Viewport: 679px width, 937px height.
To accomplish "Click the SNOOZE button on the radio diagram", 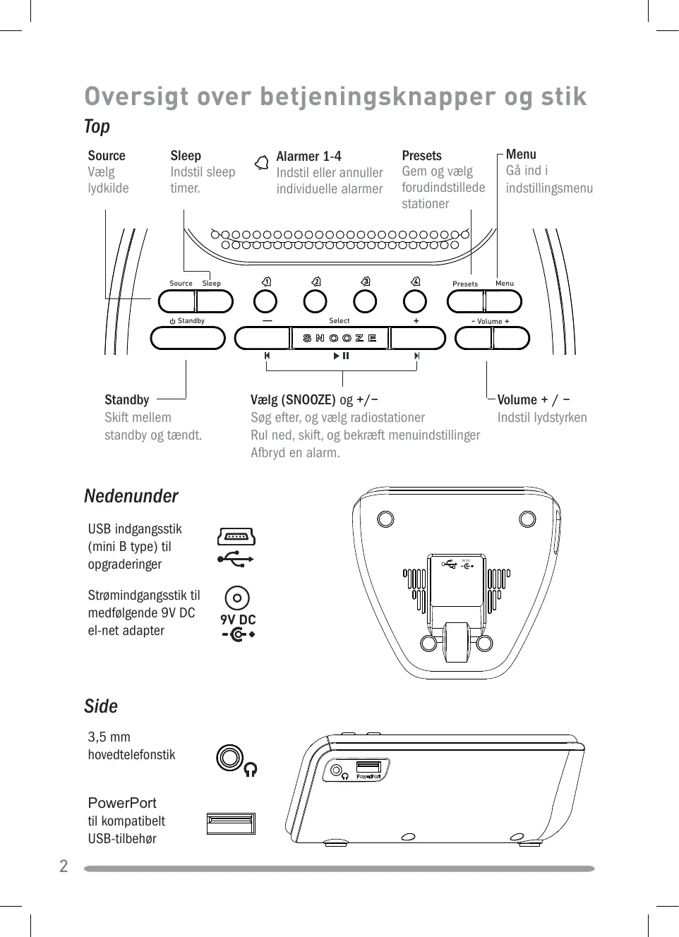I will point(340,338).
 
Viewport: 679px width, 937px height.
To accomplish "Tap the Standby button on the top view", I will point(188,338).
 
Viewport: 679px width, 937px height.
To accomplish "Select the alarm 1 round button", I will point(265,301).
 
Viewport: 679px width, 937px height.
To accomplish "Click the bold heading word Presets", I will point(421,155).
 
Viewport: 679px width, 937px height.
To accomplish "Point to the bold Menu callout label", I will point(521,154).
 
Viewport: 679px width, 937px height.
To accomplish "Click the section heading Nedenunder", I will point(131,496).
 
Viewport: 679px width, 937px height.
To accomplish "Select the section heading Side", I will point(101,706).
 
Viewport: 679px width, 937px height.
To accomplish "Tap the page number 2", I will point(64,866).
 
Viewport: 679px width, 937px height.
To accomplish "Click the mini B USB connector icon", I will point(236,537).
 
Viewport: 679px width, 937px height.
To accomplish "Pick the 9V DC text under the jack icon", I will point(238,619).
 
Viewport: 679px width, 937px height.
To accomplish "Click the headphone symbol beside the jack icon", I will point(251,769).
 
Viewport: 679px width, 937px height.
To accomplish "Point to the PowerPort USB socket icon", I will point(231,823).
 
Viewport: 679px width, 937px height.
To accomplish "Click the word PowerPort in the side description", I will point(122,803).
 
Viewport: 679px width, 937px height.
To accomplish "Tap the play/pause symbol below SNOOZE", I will point(342,356).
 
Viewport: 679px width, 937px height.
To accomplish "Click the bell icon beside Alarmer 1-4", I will point(262,162).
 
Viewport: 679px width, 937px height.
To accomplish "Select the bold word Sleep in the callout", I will point(186,155).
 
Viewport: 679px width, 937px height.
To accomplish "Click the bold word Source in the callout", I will point(107,155).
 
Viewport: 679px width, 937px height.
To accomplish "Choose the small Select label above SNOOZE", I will point(339,320).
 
